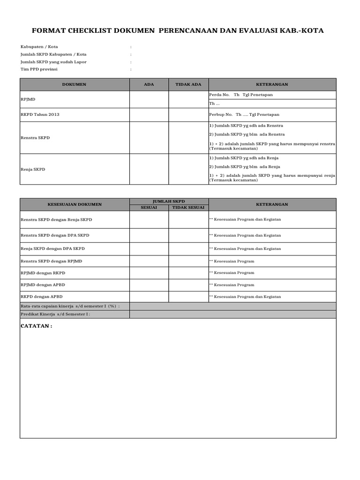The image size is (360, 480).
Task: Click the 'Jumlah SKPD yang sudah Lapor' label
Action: [x=53, y=62]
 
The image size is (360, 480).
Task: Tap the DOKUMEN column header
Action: [x=74, y=84]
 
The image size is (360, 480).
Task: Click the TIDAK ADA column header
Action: [x=188, y=84]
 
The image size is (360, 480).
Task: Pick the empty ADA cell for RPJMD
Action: [x=149, y=99]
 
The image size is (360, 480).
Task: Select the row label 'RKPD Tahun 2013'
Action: [x=40, y=114]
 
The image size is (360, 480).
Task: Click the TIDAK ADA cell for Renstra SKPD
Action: [x=188, y=138]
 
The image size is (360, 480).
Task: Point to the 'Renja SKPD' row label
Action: [x=33, y=169]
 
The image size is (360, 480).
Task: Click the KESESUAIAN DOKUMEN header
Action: [x=74, y=204]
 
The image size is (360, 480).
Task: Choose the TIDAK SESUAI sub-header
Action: [x=188, y=207]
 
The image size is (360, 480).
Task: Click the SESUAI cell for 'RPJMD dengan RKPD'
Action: [x=149, y=273]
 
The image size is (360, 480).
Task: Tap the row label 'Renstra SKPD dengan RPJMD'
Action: [x=51, y=261]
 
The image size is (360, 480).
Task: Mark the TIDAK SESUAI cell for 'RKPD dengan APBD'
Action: [x=188, y=297]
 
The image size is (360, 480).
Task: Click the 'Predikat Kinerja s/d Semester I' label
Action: [x=55, y=315]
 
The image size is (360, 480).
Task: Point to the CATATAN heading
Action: [x=37, y=326]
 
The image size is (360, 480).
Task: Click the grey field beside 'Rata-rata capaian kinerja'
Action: [x=232, y=306]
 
